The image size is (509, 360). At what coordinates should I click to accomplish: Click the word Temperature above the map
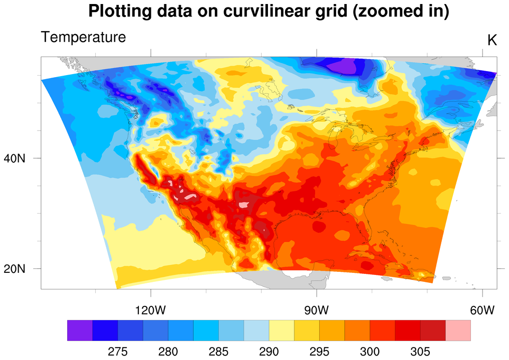tap(83, 37)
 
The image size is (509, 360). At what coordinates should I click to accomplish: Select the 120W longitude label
tap(150, 310)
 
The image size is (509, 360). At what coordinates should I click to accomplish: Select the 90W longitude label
tap(316, 310)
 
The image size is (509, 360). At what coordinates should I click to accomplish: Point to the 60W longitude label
tap(482, 310)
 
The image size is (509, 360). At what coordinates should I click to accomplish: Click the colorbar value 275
tap(118, 351)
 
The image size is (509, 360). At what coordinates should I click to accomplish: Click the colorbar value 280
tap(168, 351)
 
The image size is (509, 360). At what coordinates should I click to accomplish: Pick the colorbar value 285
tap(218, 351)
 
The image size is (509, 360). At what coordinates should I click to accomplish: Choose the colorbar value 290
tap(269, 351)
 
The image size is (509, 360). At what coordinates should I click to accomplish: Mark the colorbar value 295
tap(319, 351)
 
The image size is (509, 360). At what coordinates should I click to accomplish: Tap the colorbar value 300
tap(370, 351)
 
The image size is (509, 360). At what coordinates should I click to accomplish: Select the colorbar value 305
tap(420, 351)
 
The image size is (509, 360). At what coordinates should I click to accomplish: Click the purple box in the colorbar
tap(80, 330)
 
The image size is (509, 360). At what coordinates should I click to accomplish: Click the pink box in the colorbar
tap(458, 330)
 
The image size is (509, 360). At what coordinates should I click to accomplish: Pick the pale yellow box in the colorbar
tap(282, 330)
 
